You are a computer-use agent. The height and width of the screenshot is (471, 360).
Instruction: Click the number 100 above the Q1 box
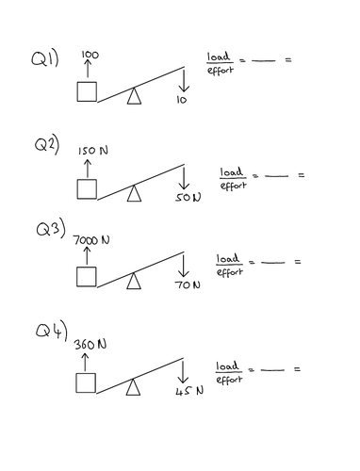(90, 56)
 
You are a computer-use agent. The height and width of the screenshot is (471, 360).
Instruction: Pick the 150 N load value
(88, 151)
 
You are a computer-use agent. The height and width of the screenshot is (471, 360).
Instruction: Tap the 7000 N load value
(91, 241)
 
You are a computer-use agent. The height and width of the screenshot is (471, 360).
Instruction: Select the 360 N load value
(90, 346)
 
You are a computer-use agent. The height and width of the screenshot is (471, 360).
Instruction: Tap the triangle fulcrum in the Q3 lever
(136, 279)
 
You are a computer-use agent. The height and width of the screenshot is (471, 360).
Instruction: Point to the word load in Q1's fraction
(218, 58)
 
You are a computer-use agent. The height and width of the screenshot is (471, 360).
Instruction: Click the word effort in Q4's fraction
(229, 380)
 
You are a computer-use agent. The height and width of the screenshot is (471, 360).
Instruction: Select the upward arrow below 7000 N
(86, 256)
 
